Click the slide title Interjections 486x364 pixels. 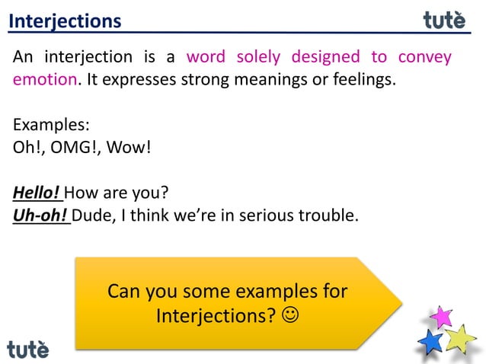pyautogui.click(x=65, y=21)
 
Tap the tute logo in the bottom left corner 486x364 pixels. pyautogui.click(x=28, y=349)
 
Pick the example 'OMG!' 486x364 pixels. pyautogui.click(x=75, y=146)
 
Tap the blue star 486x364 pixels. pyautogui.click(x=431, y=341)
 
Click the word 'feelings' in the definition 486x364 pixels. pyautogui.click(x=363, y=79)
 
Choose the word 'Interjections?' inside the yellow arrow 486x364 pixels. pyautogui.click(x=216, y=315)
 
